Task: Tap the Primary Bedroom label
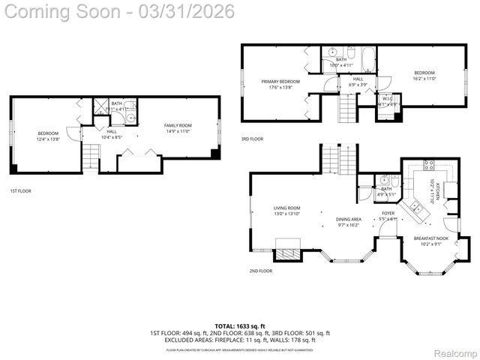[x=280, y=84]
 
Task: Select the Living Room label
[x=287, y=211]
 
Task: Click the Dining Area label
[x=347, y=222]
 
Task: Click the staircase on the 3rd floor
[x=346, y=109]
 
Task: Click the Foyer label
[x=388, y=216]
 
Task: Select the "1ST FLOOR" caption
[x=20, y=190]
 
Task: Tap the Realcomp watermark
[x=455, y=352]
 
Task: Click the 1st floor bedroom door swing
[x=73, y=133]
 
